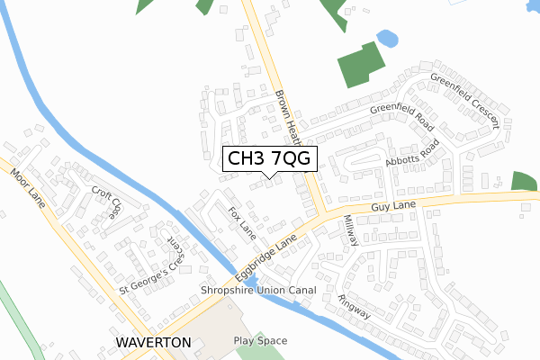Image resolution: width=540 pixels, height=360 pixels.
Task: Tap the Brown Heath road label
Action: point(287,116)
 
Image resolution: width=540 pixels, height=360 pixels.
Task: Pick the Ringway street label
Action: point(355,305)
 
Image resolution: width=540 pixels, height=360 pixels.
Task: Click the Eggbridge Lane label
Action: point(268,256)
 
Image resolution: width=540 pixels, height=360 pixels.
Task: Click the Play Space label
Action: point(260,341)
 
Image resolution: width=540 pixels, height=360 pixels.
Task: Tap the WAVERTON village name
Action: point(153,343)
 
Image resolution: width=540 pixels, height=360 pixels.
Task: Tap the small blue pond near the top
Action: point(387,39)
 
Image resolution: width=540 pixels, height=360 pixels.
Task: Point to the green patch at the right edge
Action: point(526,180)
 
